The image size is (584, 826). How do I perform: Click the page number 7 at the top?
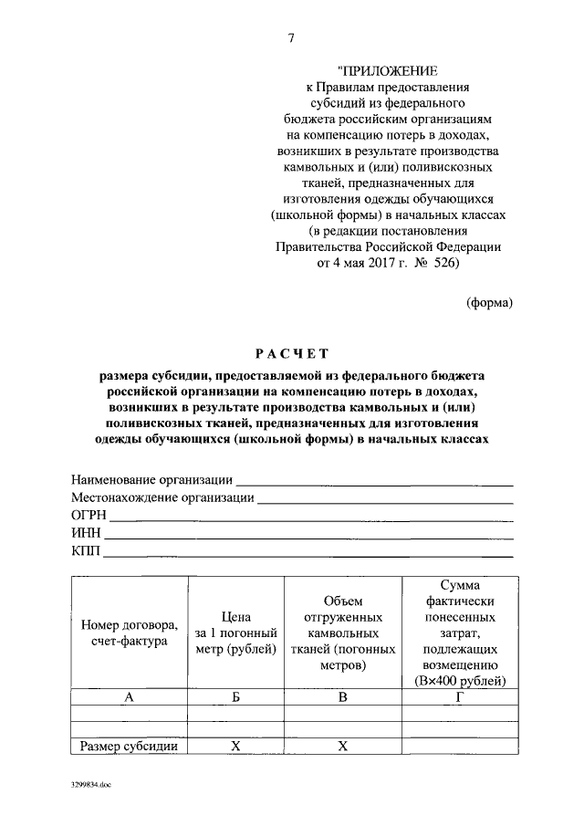[x=291, y=37]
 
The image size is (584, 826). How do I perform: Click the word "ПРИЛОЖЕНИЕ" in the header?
[x=387, y=70]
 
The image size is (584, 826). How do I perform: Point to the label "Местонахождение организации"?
[x=162, y=498]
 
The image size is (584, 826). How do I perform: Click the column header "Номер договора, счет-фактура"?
[x=129, y=633]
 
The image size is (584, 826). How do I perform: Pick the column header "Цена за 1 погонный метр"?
[x=235, y=633]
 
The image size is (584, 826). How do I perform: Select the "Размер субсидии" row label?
[x=129, y=747]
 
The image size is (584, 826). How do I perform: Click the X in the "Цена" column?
[x=235, y=747]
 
